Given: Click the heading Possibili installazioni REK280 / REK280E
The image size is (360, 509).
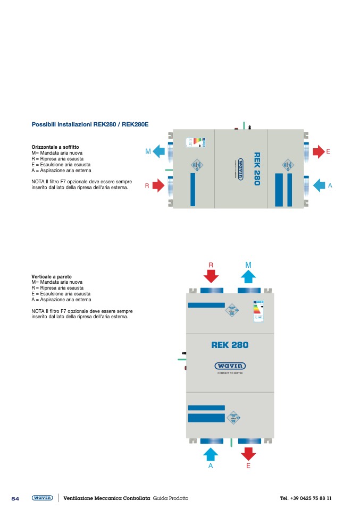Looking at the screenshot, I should pos(90,124).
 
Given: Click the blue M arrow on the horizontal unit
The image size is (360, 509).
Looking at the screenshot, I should pos(158,152).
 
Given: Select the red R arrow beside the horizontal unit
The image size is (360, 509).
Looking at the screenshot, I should pos(158,185).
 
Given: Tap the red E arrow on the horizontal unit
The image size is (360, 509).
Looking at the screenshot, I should pos(319,152).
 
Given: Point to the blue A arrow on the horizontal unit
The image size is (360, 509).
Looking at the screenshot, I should pos(319,185).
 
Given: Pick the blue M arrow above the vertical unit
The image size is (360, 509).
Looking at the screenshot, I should pos(248,276).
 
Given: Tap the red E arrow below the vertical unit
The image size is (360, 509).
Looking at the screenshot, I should pos(248,453).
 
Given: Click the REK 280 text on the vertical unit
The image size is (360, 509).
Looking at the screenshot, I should pos(230,345).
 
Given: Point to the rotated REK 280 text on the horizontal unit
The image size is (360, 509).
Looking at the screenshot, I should pos(257,169).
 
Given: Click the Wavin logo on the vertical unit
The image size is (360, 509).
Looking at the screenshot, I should pos(230,366).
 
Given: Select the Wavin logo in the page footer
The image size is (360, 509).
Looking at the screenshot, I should pos(42,498).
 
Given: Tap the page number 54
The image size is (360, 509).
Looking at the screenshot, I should pos(15,498).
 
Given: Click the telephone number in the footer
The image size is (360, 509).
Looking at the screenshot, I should pos(306,498).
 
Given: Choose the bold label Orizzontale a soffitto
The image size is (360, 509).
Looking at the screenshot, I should pos(55,147).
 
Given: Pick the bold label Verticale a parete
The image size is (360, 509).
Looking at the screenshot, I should pos(52,277).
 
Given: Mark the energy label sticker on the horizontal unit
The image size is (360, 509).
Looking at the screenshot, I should pos(195,142).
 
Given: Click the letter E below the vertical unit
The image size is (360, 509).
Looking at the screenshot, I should pos(248,466).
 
